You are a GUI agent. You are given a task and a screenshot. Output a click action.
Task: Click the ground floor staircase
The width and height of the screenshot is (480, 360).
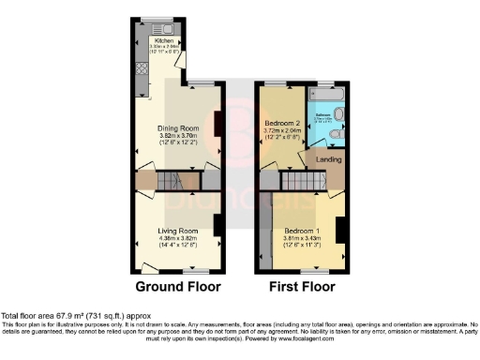point(170,180)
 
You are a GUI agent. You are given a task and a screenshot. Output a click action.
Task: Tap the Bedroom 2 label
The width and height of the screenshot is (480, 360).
point(280,123)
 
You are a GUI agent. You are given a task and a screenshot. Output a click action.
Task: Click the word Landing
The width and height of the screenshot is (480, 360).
point(328,160)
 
